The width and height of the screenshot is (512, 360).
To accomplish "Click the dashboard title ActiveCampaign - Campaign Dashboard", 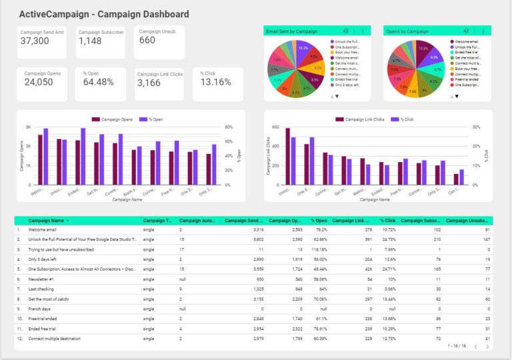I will click(x=103, y=14).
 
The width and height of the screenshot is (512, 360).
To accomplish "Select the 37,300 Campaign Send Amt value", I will click(x=35, y=41).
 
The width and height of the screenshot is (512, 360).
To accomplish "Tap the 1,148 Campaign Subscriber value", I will click(x=90, y=41).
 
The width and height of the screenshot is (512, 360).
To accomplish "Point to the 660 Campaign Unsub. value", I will click(x=147, y=40).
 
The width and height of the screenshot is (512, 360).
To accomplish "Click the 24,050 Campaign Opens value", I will click(x=39, y=83).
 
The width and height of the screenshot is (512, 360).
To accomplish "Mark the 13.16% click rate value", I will click(x=215, y=83).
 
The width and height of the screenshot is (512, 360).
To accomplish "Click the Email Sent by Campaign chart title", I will click(x=291, y=31).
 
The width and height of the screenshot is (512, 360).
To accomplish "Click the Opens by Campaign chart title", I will click(x=408, y=31).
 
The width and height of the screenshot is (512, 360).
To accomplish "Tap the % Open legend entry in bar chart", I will click(x=154, y=119).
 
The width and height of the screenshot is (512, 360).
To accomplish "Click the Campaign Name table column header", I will click(x=47, y=220).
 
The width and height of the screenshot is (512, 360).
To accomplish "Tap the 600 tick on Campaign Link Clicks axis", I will click(x=275, y=127).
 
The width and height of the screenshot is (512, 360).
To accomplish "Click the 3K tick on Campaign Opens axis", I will click(x=29, y=127).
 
